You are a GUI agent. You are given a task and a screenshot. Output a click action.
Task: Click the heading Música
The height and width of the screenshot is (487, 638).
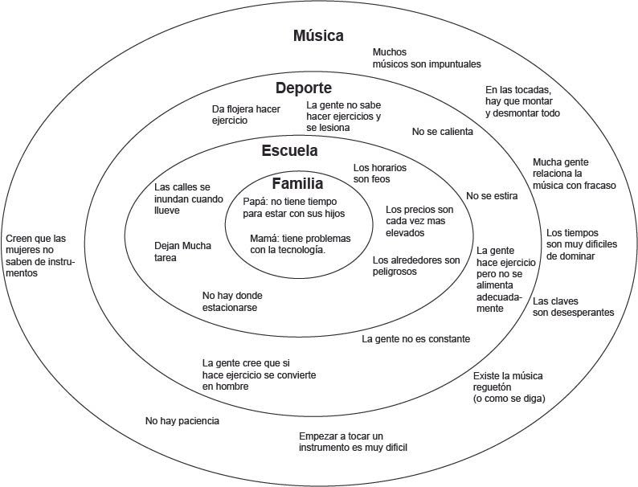click(x=318, y=35)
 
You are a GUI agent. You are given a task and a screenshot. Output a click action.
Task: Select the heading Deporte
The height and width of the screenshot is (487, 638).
click(x=303, y=88)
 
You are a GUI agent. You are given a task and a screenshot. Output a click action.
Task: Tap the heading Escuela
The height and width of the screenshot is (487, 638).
click(x=289, y=150)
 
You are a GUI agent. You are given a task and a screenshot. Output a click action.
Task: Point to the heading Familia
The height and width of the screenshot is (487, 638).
click(x=297, y=182)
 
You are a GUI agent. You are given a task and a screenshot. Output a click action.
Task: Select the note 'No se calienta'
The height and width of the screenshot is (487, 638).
click(x=442, y=131)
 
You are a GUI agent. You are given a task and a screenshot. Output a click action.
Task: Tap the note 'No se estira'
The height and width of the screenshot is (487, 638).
click(x=491, y=195)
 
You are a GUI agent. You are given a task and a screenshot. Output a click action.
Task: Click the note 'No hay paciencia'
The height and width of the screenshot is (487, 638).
click(x=182, y=420)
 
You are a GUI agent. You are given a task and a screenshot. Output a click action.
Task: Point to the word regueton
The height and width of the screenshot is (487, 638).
click(x=497, y=387)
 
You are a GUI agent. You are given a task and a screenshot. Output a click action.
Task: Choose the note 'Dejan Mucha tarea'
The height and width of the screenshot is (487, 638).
click(x=182, y=252)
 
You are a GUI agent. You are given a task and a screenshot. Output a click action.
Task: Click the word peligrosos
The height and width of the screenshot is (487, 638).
click(x=395, y=272)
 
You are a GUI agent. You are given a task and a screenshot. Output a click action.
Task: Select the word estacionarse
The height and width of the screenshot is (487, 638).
click(x=231, y=307)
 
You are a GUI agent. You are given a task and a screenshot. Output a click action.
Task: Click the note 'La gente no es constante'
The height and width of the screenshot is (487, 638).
click(x=415, y=339)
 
